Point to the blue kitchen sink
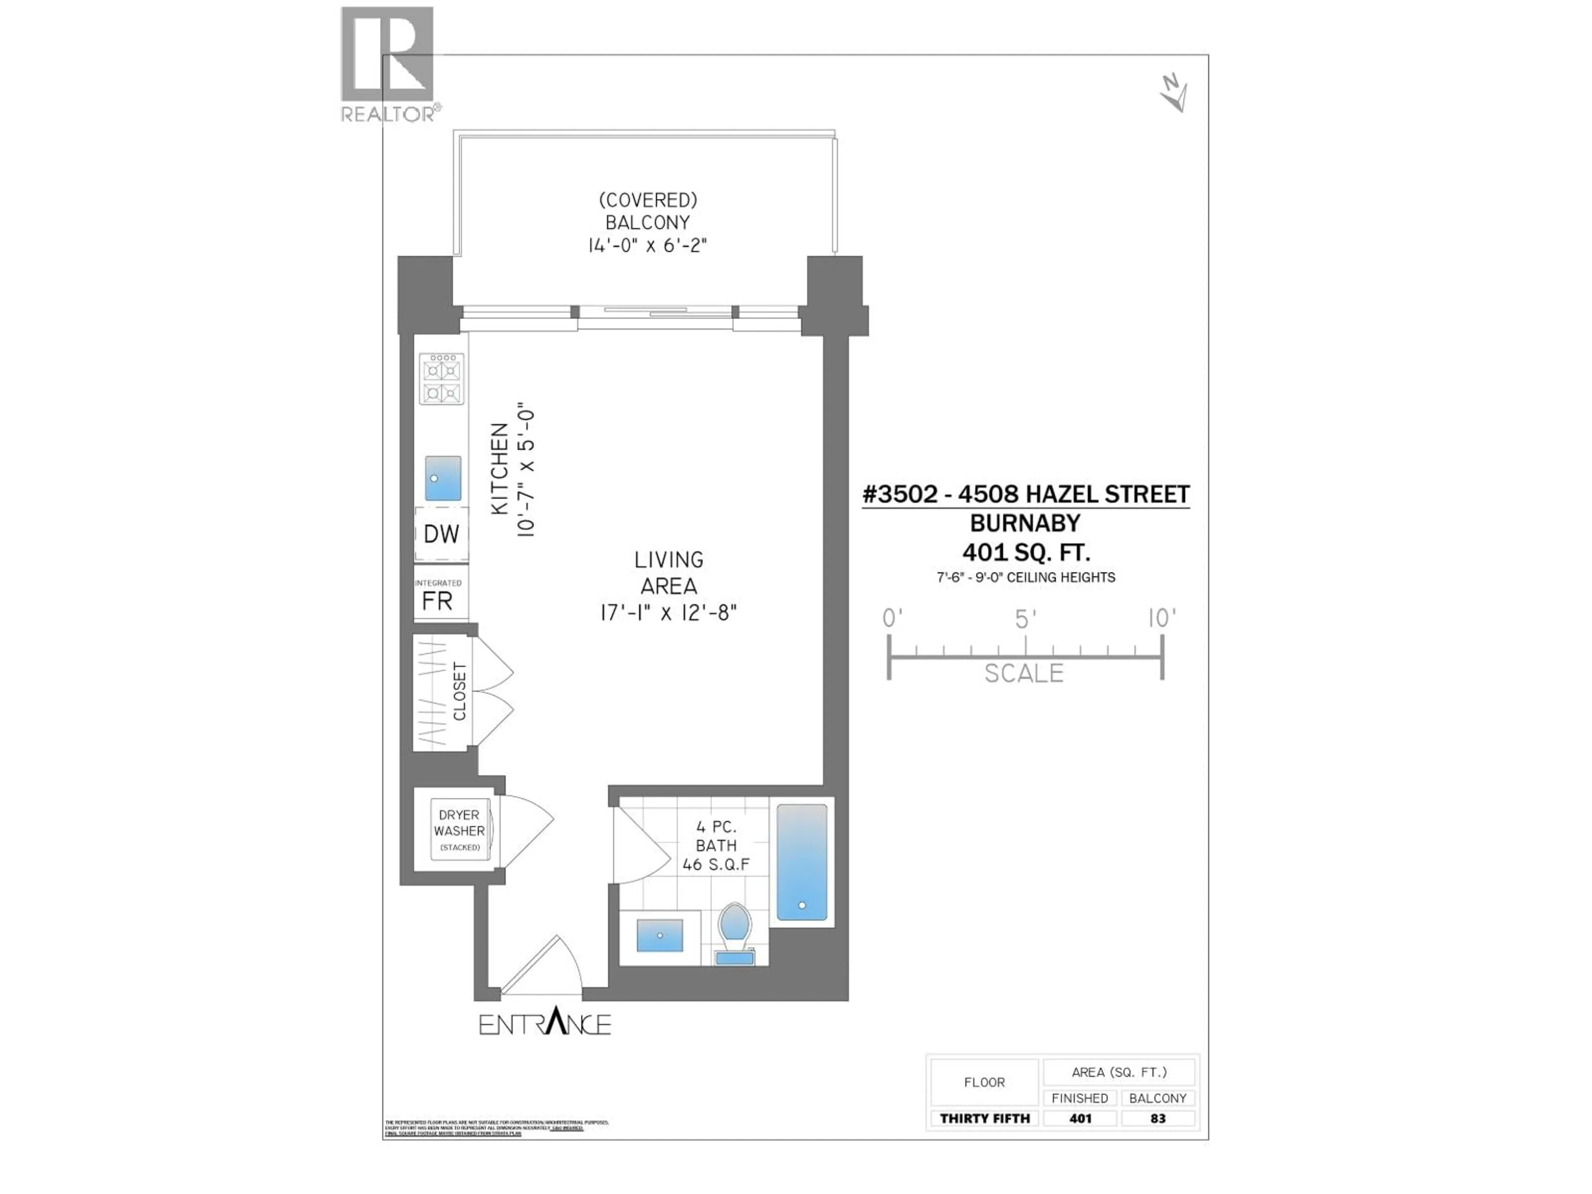443,478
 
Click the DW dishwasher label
441,534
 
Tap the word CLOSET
460,691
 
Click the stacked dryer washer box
459,830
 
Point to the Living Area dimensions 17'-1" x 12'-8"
669,612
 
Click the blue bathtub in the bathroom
802,862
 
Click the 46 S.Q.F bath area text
716,864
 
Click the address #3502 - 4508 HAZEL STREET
1026,495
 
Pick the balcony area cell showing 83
1157,1119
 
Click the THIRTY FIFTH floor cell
985,1119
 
